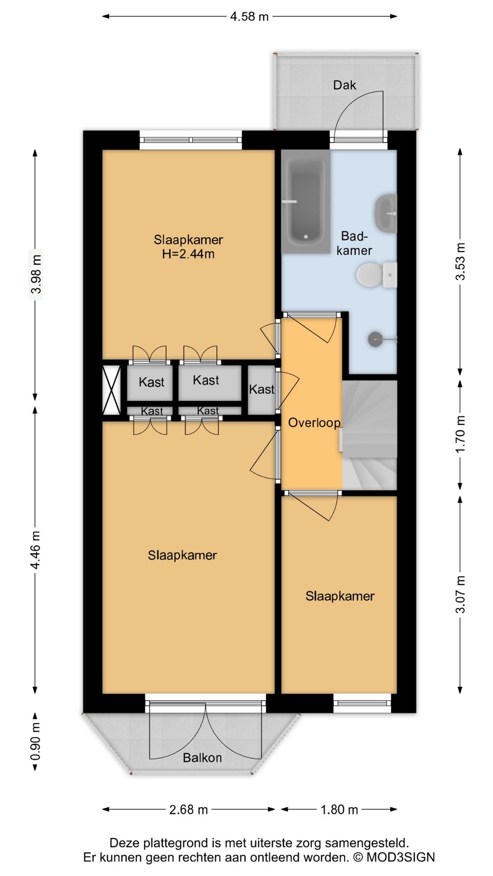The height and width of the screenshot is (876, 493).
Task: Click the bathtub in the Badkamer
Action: tap(305, 201)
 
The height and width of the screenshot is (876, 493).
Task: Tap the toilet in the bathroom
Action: tap(377, 275)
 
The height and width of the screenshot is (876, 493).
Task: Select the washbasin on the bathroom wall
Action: tap(386, 213)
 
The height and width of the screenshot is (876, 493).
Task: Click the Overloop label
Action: tap(314, 422)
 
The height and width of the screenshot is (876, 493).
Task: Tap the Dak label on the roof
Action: tap(345, 85)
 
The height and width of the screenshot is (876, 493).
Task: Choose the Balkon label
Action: tap(202, 758)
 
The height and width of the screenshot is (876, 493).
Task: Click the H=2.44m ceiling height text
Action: tap(188, 254)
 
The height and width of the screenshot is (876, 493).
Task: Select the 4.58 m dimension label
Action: tap(249, 16)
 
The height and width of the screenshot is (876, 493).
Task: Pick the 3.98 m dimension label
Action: tap(37, 274)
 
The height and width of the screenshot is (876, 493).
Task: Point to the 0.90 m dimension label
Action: tap(37, 741)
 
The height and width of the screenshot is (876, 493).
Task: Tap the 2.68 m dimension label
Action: tap(189, 809)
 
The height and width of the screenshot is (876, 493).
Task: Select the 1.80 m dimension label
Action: tap(339, 809)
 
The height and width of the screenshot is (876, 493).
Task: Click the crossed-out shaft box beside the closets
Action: tap(111, 391)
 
